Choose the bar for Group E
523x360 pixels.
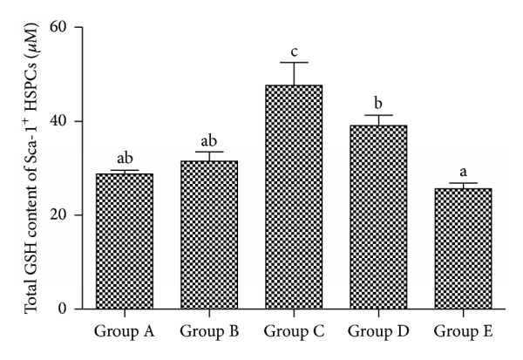(464, 248)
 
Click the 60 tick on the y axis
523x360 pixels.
(63, 28)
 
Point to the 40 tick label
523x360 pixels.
(63, 121)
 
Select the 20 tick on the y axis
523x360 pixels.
(63, 215)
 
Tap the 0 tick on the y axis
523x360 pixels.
(67, 309)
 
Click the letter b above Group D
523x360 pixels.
(379, 103)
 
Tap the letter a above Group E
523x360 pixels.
(464, 172)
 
